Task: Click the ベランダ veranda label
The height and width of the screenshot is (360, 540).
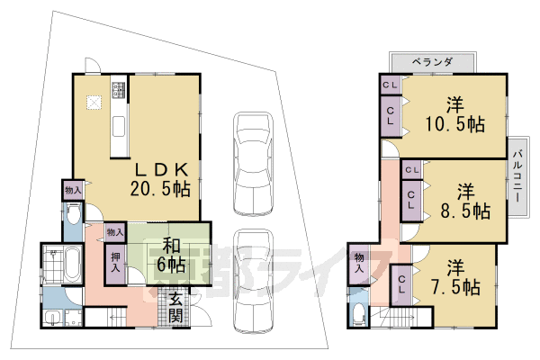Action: coord(432,61)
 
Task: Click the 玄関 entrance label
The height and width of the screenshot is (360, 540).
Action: coord(176,307)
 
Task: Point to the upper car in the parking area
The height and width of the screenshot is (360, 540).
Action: coord(252,162)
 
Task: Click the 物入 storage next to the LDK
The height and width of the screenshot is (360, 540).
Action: coord(73,190)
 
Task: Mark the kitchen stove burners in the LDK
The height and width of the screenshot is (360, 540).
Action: coord(118,91)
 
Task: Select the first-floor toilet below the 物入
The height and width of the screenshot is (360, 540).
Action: coord(72,217)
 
